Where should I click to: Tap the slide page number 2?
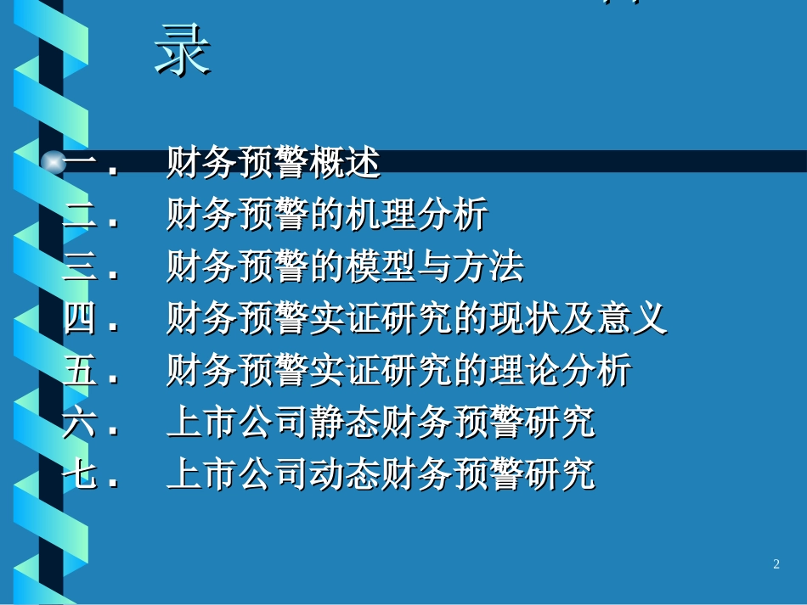point(776,564)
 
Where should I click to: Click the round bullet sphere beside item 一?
point(54,163)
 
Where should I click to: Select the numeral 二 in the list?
point(81,216)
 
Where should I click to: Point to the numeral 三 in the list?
point(81,267)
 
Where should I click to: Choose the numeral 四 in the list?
point(81,319)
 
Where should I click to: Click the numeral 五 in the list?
point(81,371)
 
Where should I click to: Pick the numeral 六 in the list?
point(81,423)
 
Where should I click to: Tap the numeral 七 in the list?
point(81,474)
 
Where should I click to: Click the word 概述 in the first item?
point(345,163)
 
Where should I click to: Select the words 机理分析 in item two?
point(416,216)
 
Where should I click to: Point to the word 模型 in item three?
point(381,267)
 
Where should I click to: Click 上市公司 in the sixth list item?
point(238,423)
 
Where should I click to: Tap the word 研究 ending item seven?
point(560,474)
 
